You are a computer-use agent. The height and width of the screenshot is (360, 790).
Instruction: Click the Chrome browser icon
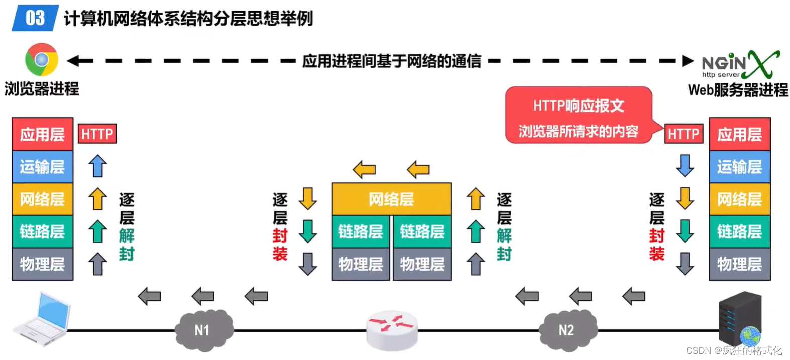coord(42,60)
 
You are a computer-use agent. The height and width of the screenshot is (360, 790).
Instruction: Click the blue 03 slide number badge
coord(35,18)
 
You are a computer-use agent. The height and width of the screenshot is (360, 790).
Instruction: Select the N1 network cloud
coord(203,329)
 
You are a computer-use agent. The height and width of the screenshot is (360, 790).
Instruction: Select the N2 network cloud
coord(567,329)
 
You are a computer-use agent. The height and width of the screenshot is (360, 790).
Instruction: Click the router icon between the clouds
coord(391,329)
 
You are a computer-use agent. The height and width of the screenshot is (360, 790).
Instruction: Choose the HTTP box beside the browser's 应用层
coord(97,134)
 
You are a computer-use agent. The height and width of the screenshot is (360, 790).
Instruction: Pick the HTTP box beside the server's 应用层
coord(683,134)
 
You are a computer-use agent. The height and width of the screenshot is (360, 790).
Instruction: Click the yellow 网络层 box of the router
coord(391,199)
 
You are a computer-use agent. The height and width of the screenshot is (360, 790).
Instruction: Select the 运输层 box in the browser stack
coord(43,167)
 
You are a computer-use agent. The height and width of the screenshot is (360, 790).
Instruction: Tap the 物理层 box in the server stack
coord(739,264)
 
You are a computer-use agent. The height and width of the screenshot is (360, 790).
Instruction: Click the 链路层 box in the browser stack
coord(43,231)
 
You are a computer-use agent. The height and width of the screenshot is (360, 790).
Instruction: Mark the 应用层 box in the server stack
coord(739,134)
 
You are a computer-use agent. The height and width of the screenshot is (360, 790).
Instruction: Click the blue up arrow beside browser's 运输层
coord(98,166)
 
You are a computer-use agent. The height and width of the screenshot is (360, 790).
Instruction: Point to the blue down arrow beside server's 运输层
coord(685,165)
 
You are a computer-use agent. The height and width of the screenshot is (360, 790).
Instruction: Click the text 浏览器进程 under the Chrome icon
coord(42,89)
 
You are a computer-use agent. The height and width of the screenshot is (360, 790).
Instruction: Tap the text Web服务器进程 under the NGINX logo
coord(738,90)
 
